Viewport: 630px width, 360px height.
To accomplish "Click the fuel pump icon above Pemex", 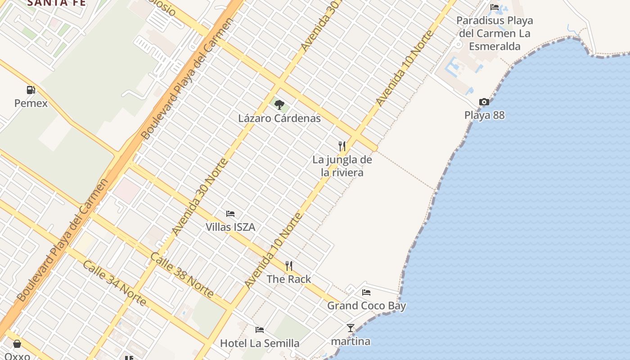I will (31, 90).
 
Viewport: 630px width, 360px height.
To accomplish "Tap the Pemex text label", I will (31, 103).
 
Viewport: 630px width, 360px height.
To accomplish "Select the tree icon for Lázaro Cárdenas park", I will (279, 105).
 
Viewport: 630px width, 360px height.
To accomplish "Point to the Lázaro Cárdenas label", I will (279, 118).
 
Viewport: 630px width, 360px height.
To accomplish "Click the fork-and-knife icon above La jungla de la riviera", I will (342, 146).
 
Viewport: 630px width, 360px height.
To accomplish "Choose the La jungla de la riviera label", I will (342, 166).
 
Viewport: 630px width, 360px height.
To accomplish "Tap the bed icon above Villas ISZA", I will (230, 213).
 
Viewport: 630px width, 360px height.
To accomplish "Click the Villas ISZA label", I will (230, 227).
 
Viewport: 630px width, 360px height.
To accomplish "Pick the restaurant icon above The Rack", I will (289, 266).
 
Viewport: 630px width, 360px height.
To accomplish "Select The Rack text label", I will (289, 279).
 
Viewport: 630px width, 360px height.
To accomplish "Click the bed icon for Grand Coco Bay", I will (366, 292).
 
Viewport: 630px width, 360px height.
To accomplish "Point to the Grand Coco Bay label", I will (366, 306).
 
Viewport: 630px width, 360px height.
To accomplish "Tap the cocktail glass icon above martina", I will (351, 328).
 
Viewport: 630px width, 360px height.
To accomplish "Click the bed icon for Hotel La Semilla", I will (260, 330).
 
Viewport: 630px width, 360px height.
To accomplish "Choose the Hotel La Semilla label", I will (260, 343).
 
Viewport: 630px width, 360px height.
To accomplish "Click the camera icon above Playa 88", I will (484, 102).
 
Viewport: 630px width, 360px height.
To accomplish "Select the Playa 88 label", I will (485, 115).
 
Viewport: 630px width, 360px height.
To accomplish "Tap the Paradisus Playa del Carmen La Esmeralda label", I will (495, 33).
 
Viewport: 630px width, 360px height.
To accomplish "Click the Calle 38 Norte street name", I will (182, 275).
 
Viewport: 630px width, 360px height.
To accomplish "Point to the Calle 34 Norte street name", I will (114, 283).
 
